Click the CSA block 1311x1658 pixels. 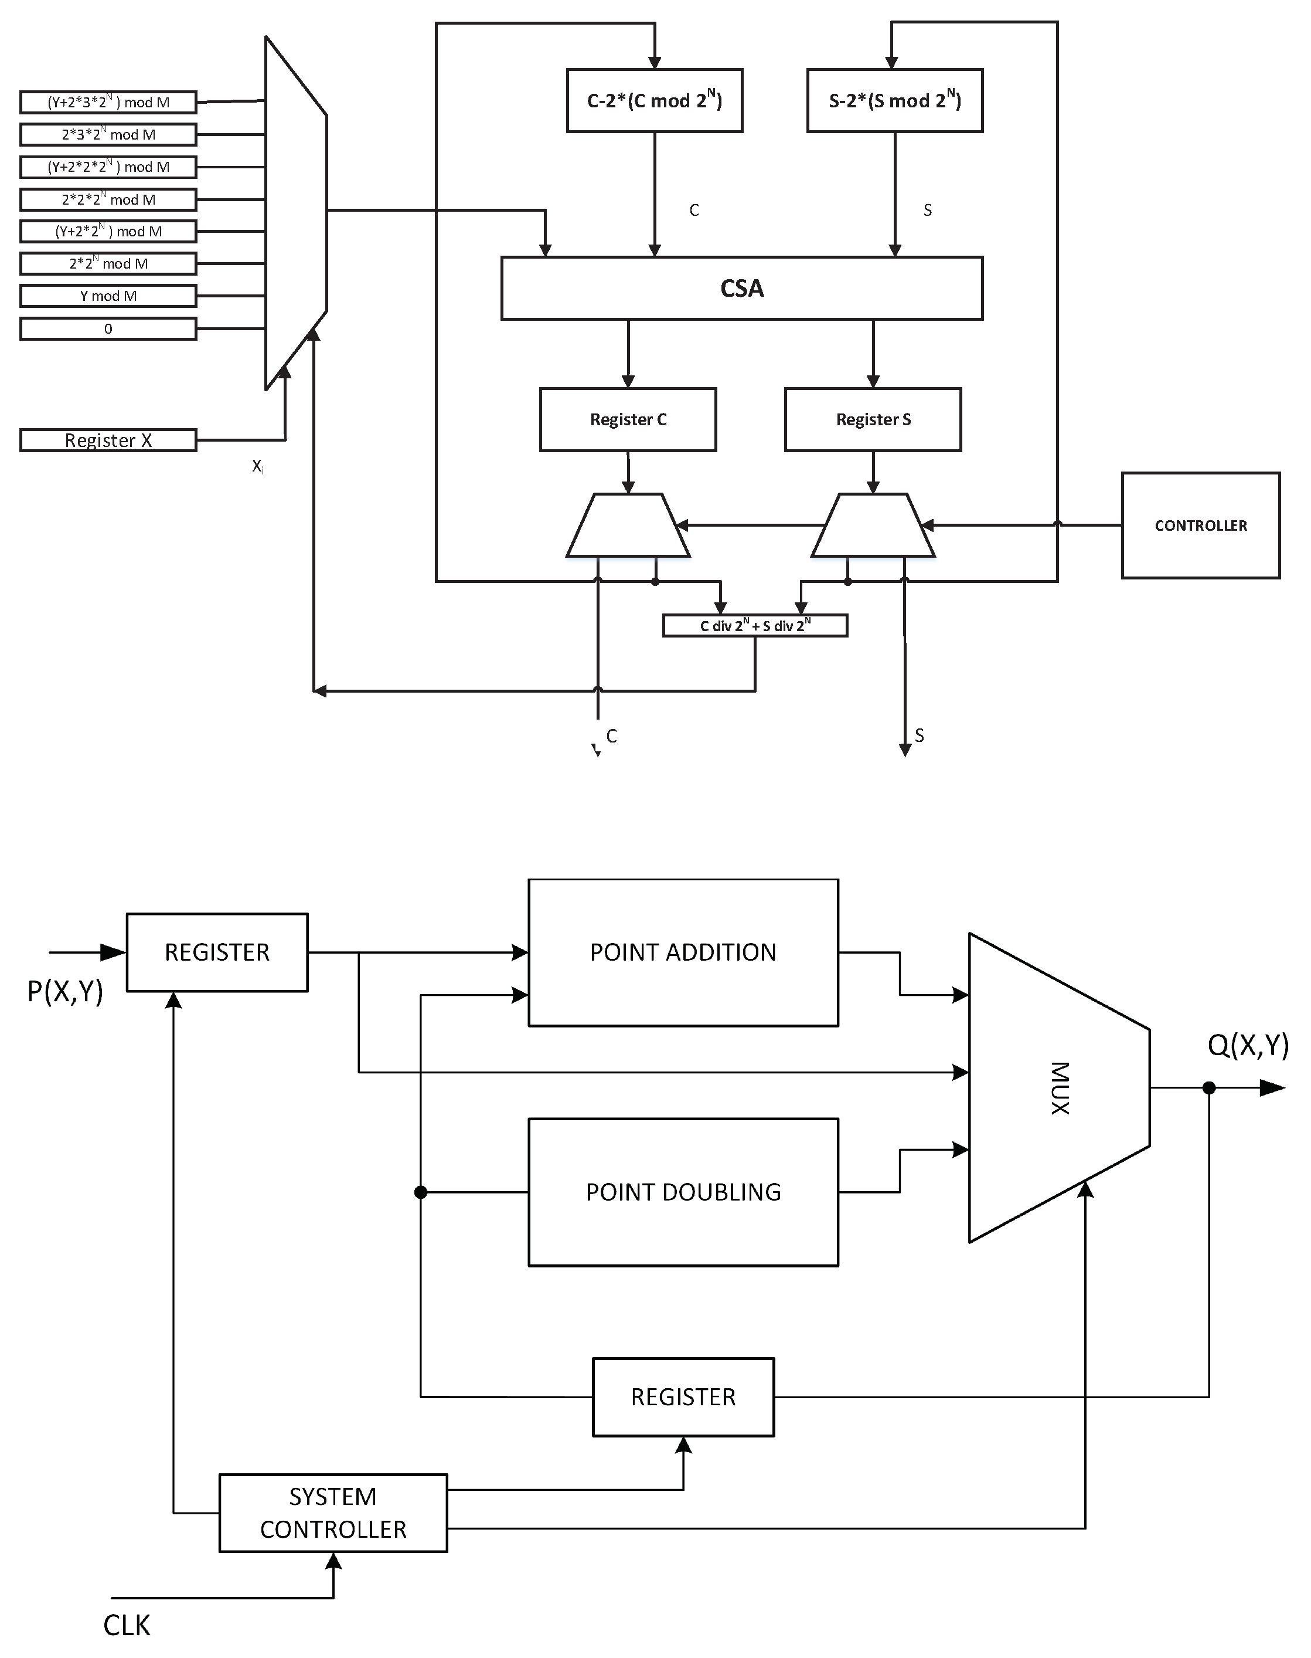741,288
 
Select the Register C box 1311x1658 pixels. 628,419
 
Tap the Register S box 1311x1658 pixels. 873,419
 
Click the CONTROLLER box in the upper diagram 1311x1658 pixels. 1200,525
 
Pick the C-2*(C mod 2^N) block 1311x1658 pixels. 654,101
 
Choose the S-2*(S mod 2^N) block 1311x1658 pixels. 895,101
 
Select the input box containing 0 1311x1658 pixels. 108,328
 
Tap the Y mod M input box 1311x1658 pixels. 108,296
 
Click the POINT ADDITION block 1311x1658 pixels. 683,952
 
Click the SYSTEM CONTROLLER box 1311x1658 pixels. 333,1513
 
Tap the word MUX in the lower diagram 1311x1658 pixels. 1060,1087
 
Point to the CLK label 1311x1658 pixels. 127,1625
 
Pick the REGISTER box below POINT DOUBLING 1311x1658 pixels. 683,1397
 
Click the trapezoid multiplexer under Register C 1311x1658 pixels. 628,526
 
